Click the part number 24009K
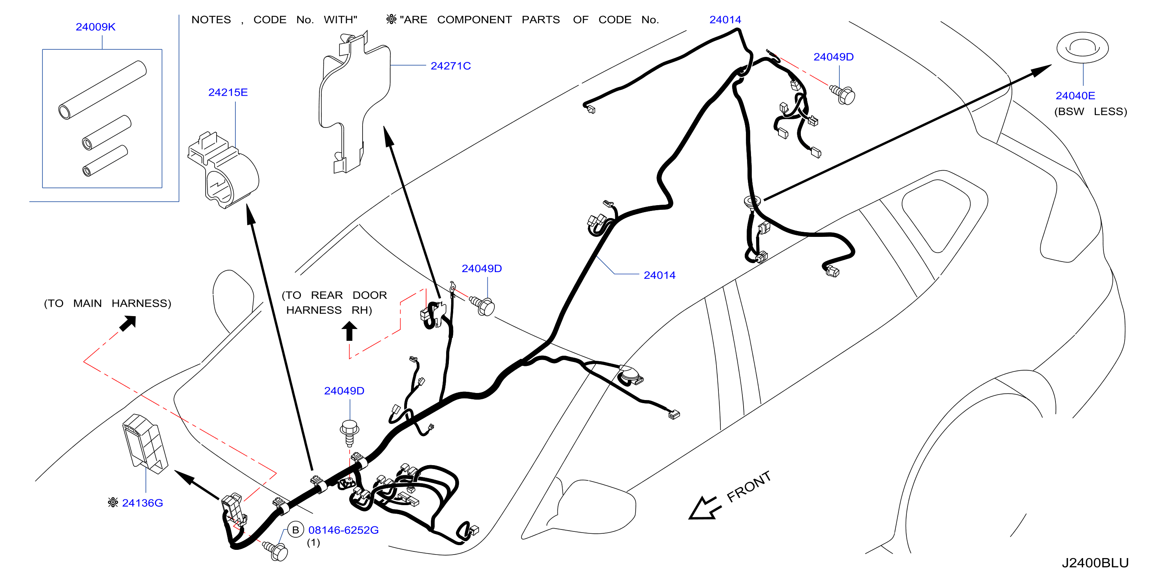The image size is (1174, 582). tap(96, 27)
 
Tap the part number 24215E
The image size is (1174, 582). tap(228, 93)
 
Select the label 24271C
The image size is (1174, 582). tap(451, 66)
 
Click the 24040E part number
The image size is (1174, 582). tap(1075, 96)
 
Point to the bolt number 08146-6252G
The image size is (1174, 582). tap(344, 530)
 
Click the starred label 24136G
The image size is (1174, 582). tap(136, 503)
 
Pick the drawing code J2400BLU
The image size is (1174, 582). tap(1095, 563)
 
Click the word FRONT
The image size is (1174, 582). tap(749, 487)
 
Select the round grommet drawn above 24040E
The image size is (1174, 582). tap(1083, 48)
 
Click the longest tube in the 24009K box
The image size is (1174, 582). tap(102, 90)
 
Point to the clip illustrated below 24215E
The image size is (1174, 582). tap(223, 170)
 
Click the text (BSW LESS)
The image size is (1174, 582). tap(1090, 111)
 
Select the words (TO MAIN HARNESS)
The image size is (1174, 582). tap(108, 303)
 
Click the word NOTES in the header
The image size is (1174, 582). tap(211, 20)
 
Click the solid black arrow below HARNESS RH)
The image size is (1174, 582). tap(349, 331)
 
